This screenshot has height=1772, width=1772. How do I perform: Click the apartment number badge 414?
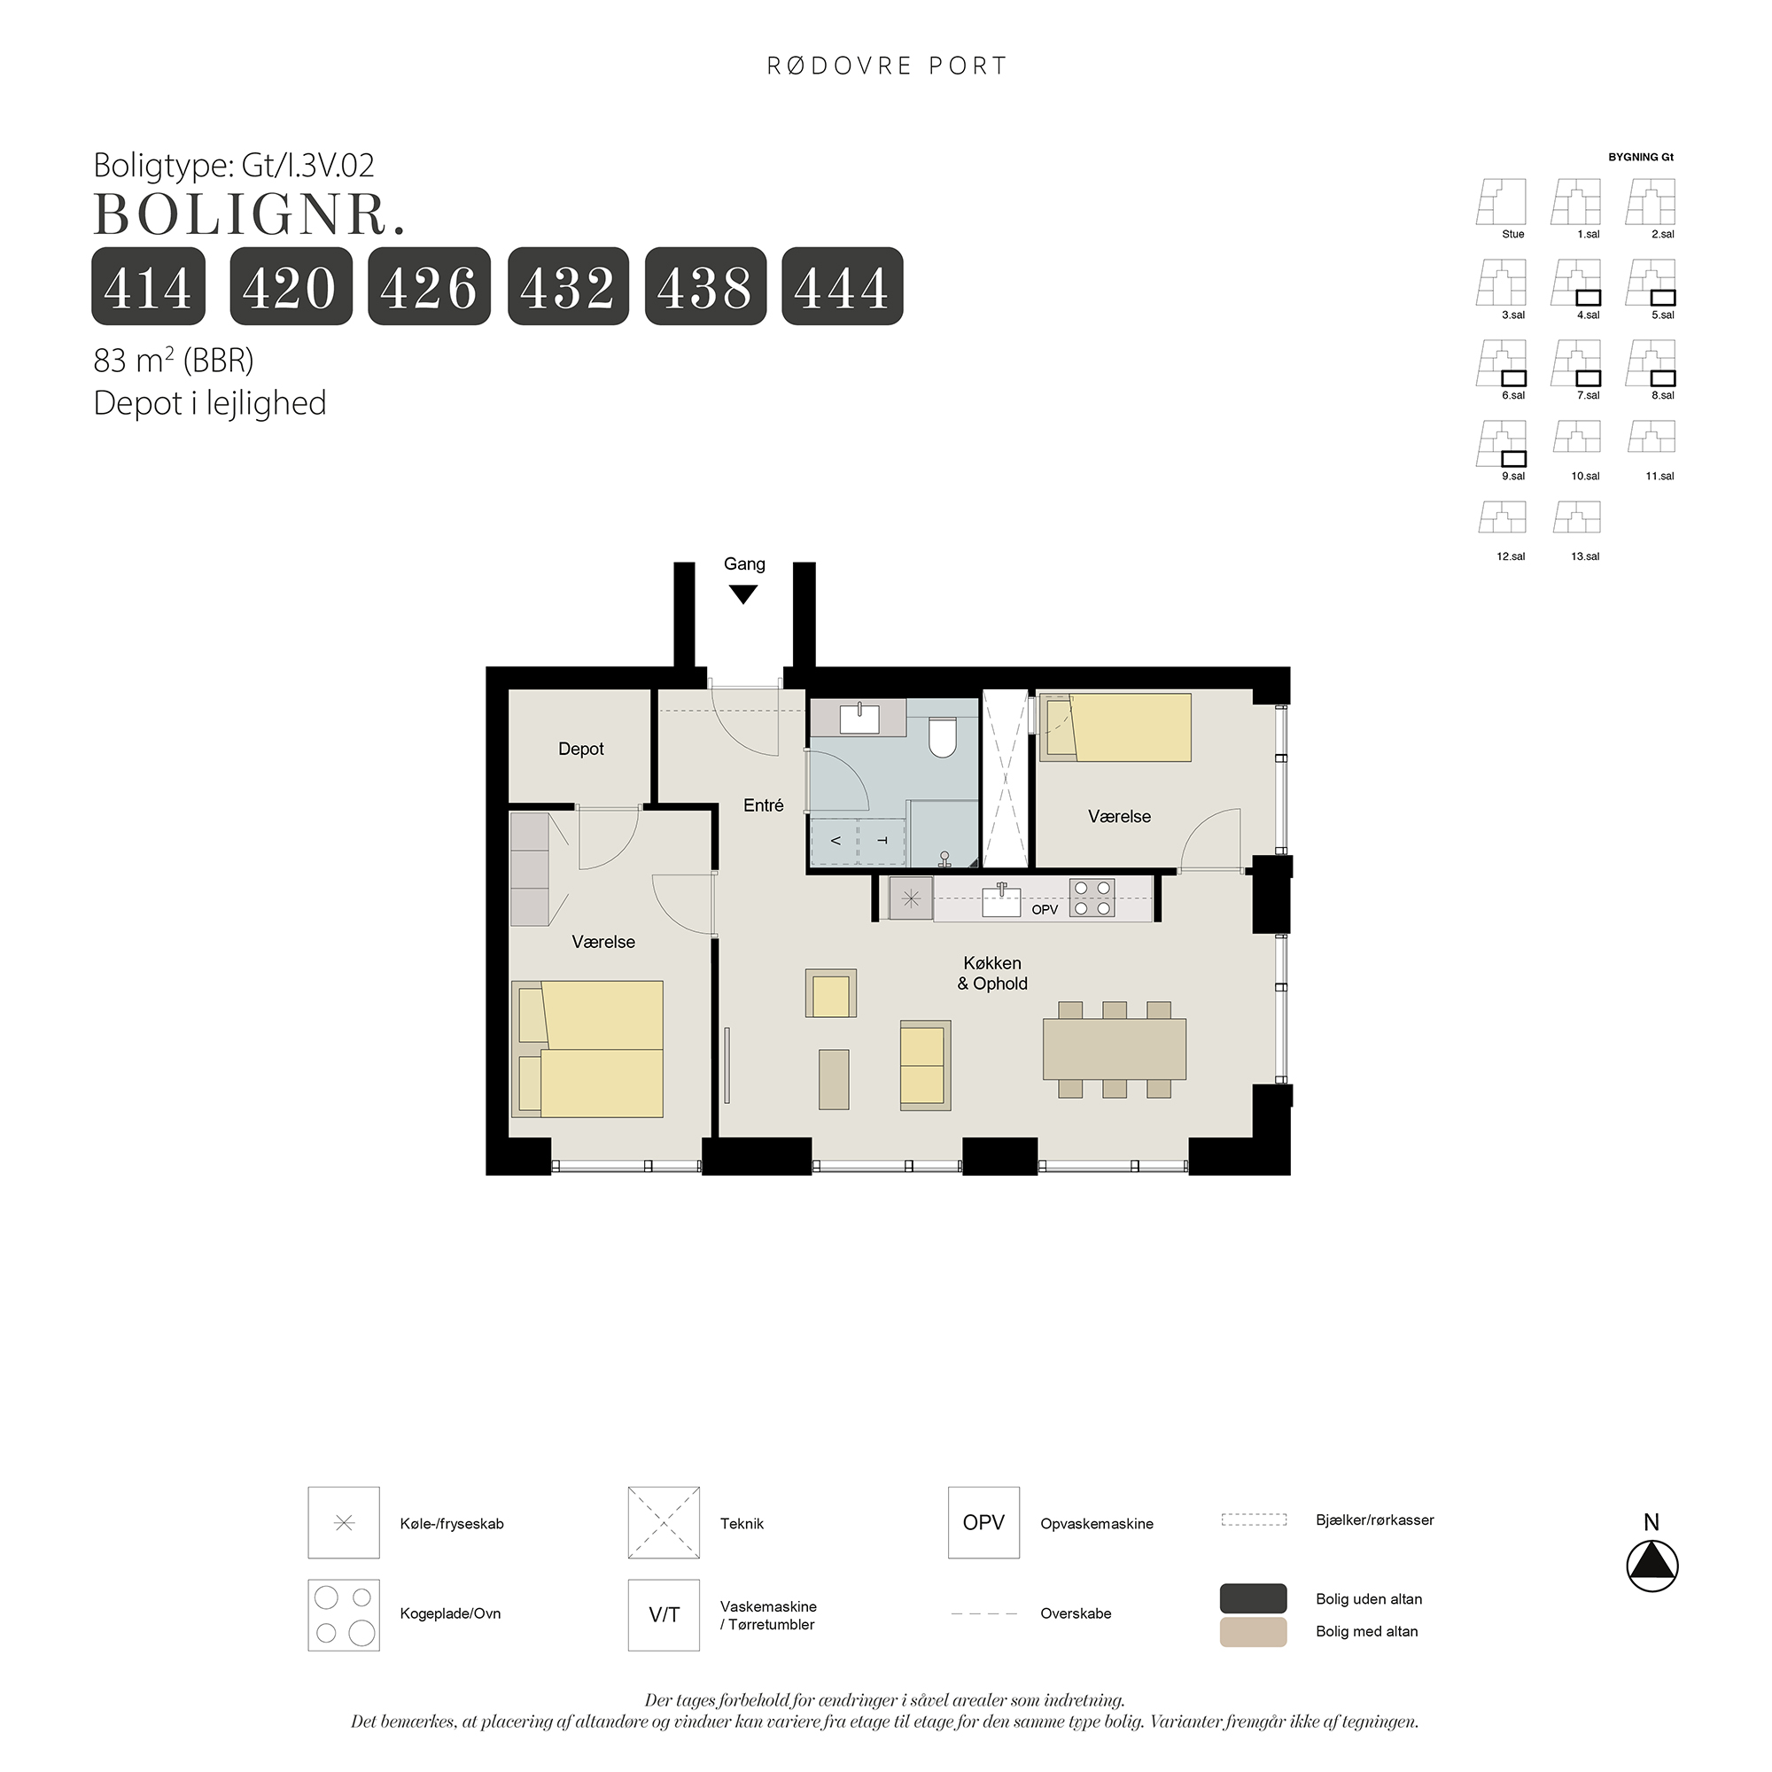tap(148, 286)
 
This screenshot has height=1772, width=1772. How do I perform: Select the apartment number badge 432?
tap(568, 286)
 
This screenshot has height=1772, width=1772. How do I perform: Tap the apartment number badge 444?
tap(842, 286)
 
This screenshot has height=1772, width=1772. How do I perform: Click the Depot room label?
tap(580, 750)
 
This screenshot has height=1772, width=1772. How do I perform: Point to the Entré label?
tap(763, 805)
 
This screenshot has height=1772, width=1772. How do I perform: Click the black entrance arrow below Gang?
tap(743, 595)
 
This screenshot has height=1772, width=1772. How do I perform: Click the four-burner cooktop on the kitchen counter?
tap(1092, 898)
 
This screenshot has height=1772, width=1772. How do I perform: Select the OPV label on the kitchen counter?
tap(1045, 910)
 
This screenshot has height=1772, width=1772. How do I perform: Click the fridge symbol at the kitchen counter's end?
tap(911, 898)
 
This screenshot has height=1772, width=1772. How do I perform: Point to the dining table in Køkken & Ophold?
tap(1115, 1048)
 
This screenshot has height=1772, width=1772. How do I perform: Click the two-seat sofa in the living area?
tap(924, 1065)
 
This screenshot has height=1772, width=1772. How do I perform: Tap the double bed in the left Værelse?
tap(588, 1049)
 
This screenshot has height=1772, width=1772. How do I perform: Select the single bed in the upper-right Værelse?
tap(1115, 727)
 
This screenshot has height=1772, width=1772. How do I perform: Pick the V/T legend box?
tap(664, 1615)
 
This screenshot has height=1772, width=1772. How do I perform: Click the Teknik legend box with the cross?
tap(664, 1522)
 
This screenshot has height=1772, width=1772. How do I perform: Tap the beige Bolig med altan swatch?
tap(1253, 1631)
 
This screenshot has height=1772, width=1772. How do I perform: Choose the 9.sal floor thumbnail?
tap(1503, 445)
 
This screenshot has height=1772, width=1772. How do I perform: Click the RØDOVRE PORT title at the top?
tap(887, 66)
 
